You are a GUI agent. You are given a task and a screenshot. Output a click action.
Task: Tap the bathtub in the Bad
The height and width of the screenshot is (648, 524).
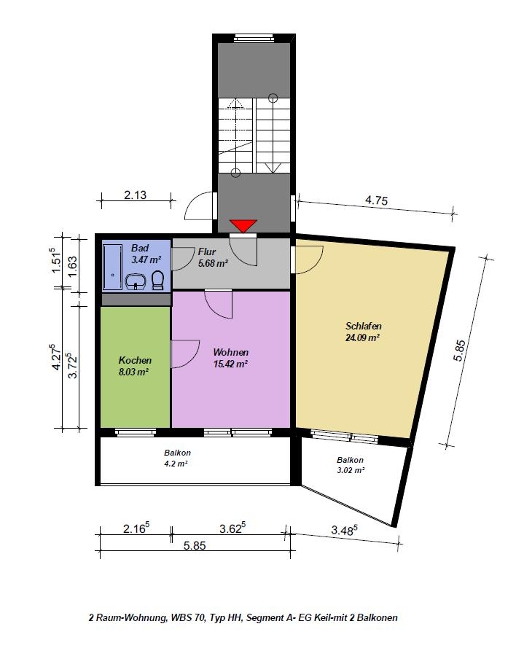pyautogui.click(x=112, y=267)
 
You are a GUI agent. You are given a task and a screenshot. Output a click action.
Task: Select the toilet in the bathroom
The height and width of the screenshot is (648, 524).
pyautogui.click(x=157, y=280)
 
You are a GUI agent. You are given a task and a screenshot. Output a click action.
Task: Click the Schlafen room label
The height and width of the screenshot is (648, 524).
pyautogui.click(x=363, y=326)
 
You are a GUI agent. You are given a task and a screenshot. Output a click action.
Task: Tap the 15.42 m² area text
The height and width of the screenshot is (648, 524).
pyautogui.click(x=230, y=364)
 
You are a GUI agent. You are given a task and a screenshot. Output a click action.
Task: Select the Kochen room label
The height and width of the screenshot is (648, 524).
pyautogui.click(x=135, y=360)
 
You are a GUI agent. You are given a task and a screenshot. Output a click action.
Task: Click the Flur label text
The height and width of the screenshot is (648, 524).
pyautogui.click(x=207, y=251)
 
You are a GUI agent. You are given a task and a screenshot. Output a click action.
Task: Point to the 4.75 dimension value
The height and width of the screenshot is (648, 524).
pyautogui.click(x=376, y=200)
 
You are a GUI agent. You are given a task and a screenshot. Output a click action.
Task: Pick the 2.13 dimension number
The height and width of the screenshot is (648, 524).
pyautogui.click(x=135, y=195)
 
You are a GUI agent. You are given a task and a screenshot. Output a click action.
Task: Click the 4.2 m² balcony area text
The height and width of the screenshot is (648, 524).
pyautogui.click(x=176, y=464)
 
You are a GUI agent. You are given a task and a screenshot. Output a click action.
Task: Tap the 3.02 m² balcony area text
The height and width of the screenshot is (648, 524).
pyautogui.click(x=351, y=470)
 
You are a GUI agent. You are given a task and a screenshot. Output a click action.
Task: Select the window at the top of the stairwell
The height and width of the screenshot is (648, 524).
pyautogui.click(x=254, y=39)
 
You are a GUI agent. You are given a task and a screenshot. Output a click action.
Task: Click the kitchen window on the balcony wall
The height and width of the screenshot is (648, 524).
pyautogui.click(x=135, y=433)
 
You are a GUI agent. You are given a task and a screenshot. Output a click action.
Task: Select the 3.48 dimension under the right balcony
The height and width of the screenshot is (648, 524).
pyautogui.click(x=344, y=529)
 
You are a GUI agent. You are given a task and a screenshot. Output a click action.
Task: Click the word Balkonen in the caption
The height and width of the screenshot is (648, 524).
pyautogui.click(x=378, y=618)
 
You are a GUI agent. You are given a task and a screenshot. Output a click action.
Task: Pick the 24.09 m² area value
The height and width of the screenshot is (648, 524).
pyautogui.click(x=363, y=337)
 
